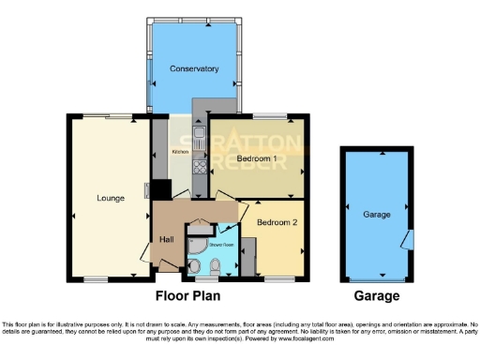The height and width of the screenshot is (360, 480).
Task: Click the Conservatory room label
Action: click(x=194, y=68)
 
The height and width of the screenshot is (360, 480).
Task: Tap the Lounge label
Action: click(x=110, y=198)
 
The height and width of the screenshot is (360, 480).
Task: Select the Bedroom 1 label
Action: click(x=256, y=158)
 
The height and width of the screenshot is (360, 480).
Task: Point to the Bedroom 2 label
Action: click(x=277, y=222)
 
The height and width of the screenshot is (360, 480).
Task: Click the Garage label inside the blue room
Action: click(x=377, y=214)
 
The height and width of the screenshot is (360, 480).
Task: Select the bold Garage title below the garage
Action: click(x=377, y=296)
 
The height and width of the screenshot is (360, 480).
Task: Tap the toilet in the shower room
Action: click(x=215, y=267)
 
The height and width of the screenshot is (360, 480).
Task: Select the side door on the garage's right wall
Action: click(x=408, y=239)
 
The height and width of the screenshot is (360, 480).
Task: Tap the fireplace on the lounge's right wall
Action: click(x=146, y=192)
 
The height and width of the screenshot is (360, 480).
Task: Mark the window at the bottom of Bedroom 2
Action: click(x=277, y=278)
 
